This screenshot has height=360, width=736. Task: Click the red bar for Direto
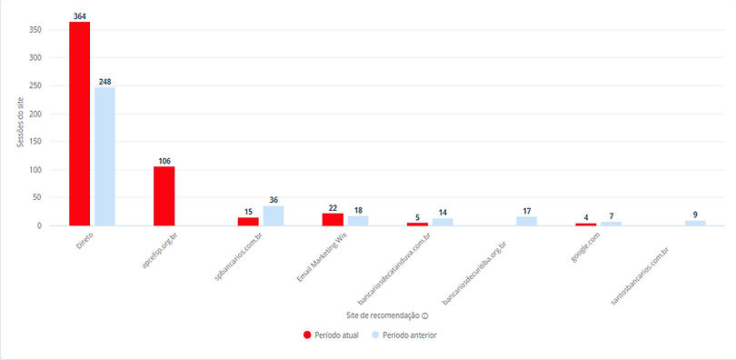[x=80, y=124]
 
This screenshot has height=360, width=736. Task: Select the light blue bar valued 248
[x=105, y=156]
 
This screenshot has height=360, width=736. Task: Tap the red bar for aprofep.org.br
[x=164, y=195]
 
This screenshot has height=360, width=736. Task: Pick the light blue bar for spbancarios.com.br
[x=274, y=215]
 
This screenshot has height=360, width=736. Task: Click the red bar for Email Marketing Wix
[x=333, y=219]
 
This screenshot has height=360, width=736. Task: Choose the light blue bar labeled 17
[x=527, y=221]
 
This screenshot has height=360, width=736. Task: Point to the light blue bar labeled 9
[x=695, y=223]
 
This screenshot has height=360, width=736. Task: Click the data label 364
[x=80, y=15]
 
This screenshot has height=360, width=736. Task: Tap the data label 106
[x=164, y=161]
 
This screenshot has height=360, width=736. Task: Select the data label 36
[x=274, y=200]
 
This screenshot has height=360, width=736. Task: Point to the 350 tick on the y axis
[x=36, y=30]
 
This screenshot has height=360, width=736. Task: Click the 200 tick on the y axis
[x=36, y=114]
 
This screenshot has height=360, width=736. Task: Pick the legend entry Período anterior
[x=408, y=335]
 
